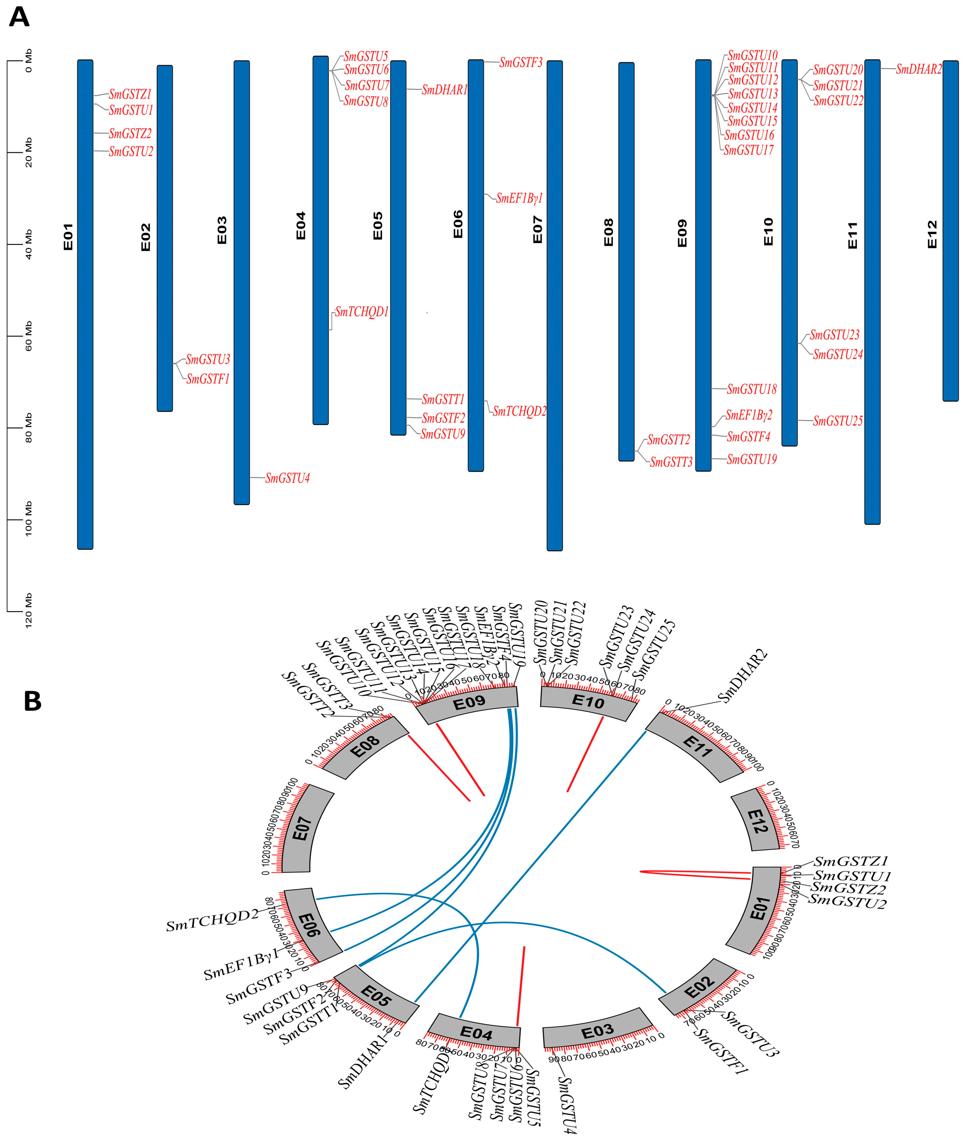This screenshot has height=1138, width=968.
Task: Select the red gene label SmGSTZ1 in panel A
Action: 130,94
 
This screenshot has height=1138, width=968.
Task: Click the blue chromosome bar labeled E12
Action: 950,230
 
